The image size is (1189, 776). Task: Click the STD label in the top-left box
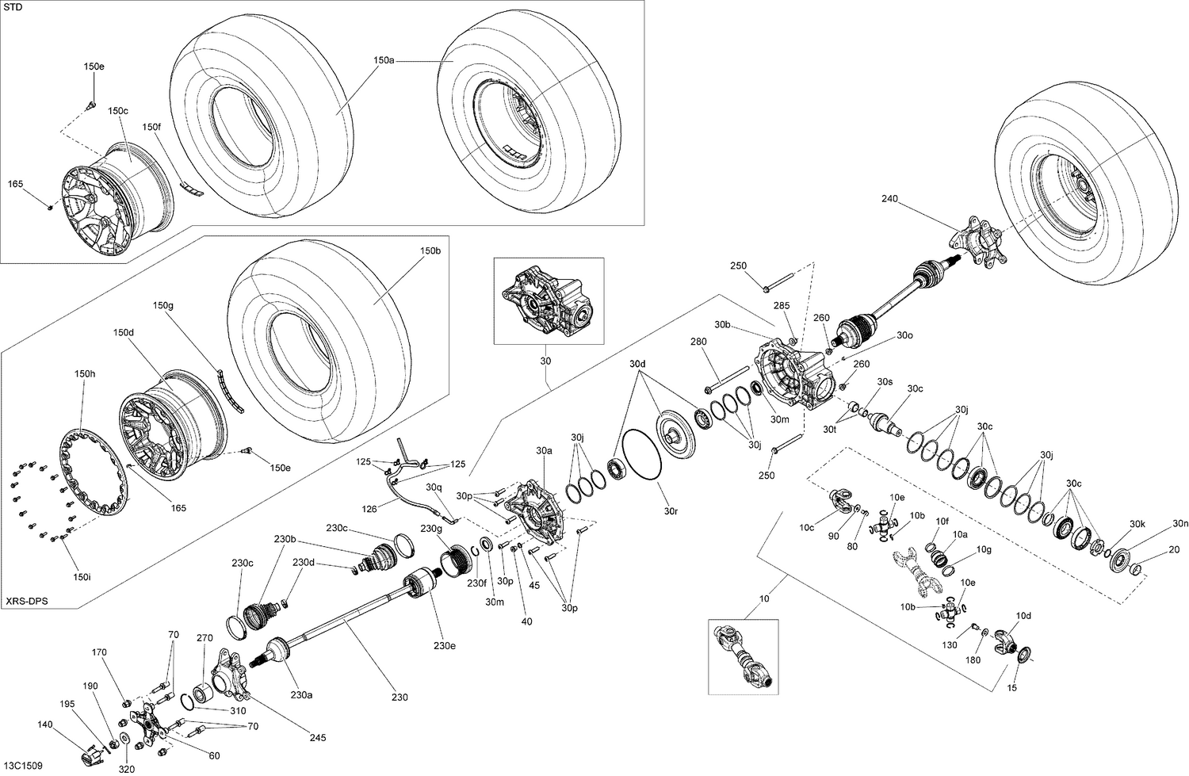click(x=13, y=7)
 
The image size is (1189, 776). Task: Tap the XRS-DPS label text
click(x=26, y=602)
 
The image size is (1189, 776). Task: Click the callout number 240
click(x=889, y=199)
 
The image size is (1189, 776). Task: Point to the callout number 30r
click(x=671, y=511)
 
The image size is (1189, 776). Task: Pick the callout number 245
click(x=318, y=738)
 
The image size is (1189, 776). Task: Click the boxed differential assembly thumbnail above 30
click(x=548, y=300)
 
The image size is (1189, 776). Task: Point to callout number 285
click(x=782, y=305)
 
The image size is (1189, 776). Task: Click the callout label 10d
click(x=1023, y=615)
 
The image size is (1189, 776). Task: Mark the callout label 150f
click(x=151, y=127)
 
